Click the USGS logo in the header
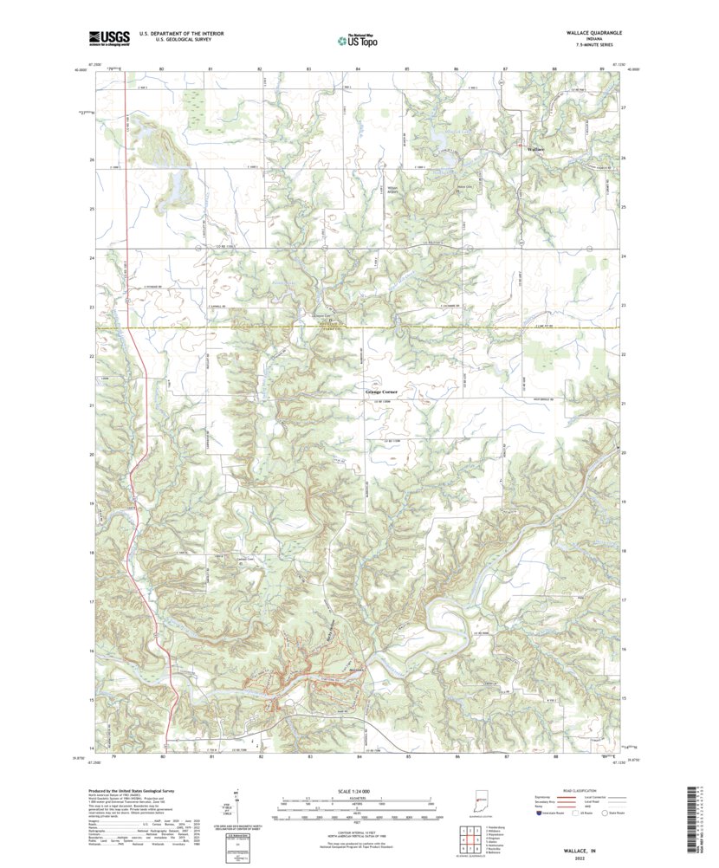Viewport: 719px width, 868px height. click(x=109, y=37)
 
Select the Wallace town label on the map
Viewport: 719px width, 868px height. click(x=536, y=150)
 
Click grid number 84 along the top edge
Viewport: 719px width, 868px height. click(x=358, y=68)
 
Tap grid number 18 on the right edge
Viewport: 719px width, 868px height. click(x=625, y=552)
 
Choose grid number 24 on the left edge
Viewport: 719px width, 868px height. click(x=91, y=258)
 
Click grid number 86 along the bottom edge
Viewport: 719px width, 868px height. click(x=456, y=756)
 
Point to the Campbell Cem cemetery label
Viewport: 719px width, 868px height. click(x=245, y=559)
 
